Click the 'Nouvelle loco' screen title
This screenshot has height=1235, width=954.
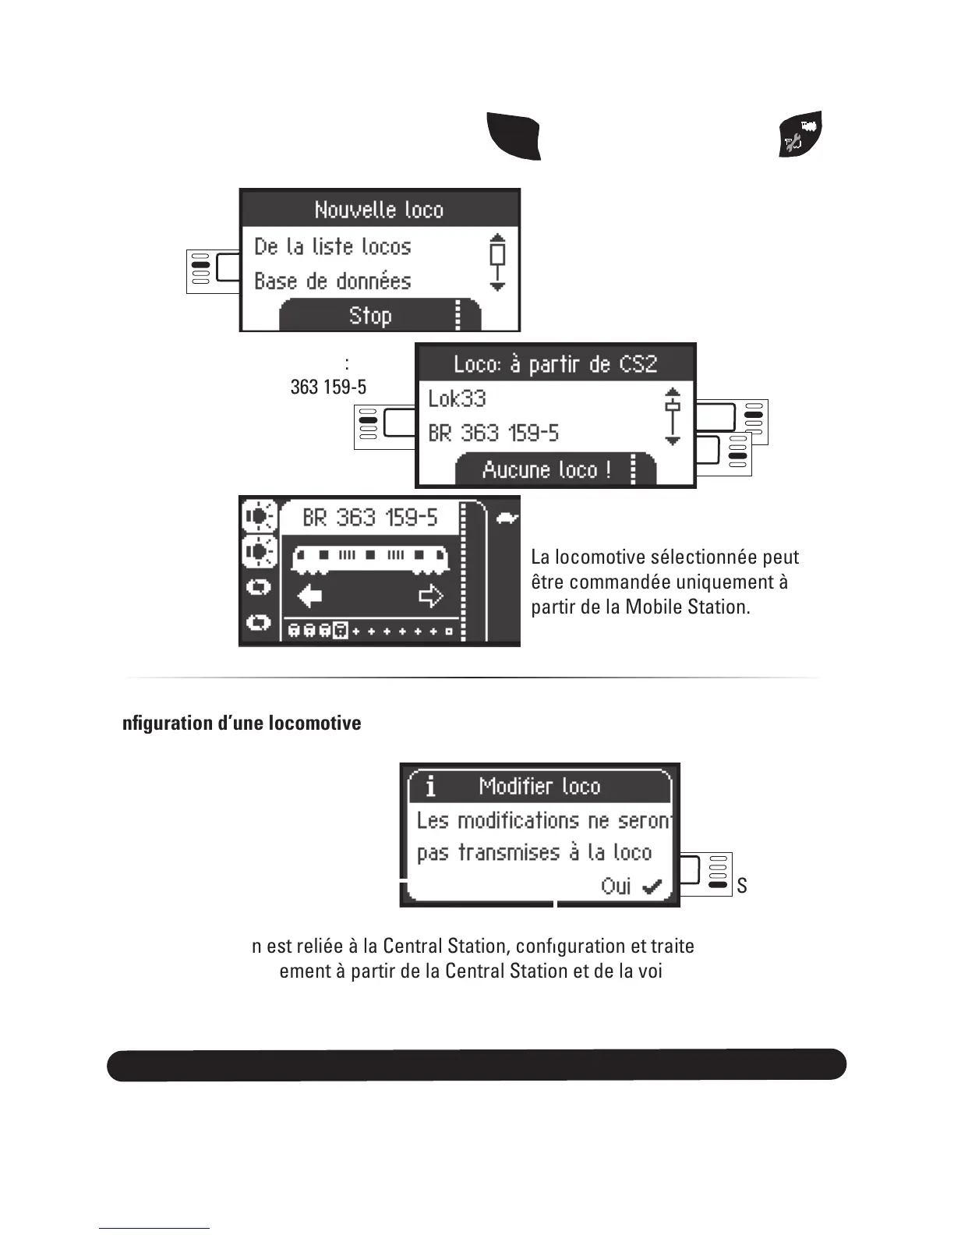point(379,210)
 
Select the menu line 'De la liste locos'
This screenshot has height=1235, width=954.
point(333,246)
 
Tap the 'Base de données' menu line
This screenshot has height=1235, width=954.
point(333,281)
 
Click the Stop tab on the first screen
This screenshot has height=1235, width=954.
point(370,316)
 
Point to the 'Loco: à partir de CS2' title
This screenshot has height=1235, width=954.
point(555,364)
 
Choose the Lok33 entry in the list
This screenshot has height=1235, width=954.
point(457,398)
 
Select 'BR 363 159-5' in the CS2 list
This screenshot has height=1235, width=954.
point(493,433)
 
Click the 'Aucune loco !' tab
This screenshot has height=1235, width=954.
point(546,469)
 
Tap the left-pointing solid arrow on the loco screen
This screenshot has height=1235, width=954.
point(310,596)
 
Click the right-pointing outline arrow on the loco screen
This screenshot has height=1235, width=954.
point(430,596)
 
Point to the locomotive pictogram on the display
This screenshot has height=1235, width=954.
point(369,558)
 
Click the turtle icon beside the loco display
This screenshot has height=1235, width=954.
point(507,518)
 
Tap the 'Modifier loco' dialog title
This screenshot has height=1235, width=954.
point(539,786)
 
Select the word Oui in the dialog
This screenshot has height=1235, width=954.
point(616,886)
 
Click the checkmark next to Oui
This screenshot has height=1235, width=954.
point(652,886)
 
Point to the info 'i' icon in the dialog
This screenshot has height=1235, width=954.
point(430,787)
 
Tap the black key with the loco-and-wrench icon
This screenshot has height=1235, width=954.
point(801,134)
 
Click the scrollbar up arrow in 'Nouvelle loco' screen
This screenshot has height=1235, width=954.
point(497,237)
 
